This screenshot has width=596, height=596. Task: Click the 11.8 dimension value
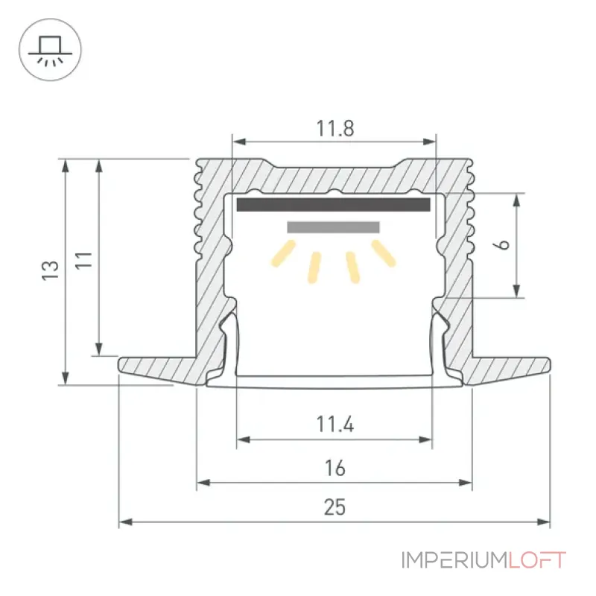335,128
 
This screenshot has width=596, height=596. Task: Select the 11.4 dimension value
335,425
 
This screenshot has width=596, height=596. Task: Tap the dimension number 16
335,469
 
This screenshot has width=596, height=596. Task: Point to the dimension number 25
335,507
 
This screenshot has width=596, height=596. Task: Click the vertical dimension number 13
50,271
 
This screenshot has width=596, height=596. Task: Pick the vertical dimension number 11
83,260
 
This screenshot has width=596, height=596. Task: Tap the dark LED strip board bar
333,204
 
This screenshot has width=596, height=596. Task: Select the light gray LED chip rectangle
333,227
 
